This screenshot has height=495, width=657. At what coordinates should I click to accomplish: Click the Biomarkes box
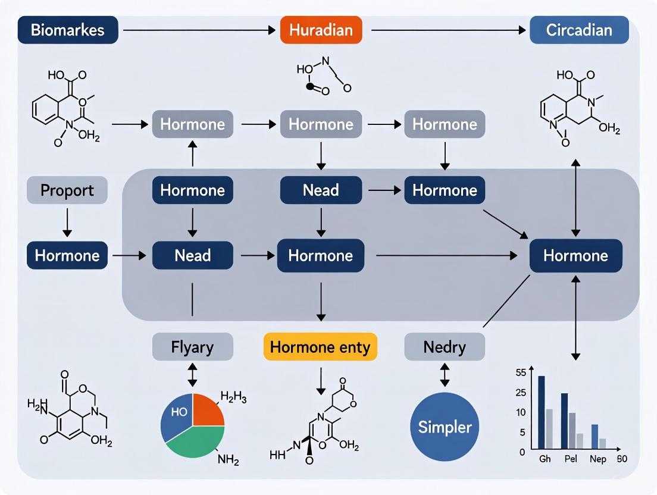[68, 30]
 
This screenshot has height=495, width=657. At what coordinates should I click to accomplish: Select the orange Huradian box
[321, 30]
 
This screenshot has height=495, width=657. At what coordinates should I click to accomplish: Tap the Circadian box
[578, 30]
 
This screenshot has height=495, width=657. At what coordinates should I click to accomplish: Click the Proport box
[67, 190]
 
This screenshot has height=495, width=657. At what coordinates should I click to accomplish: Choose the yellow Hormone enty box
[320, 347]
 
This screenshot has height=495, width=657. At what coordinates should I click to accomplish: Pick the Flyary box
[192, 347]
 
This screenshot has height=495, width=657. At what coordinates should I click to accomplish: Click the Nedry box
[445, 347]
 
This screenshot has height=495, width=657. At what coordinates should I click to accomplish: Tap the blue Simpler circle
[445, 427]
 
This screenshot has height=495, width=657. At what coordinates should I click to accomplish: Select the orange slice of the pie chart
[207, 411]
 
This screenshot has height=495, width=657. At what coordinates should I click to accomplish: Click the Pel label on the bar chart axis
[571, 459]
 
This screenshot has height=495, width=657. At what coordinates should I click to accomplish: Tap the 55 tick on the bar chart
[521, 373]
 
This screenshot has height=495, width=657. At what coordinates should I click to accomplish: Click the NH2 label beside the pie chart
[228, 459]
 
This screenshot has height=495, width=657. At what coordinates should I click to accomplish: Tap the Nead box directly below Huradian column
[321, 190]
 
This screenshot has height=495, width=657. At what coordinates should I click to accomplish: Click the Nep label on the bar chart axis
[598, 459]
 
